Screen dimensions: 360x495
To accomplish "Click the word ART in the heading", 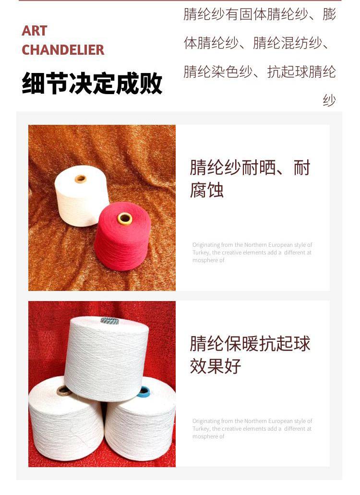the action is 35,31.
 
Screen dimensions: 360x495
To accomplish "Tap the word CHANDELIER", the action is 63,50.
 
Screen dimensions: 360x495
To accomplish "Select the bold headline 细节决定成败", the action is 92,84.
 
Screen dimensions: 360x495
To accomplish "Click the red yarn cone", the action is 122,236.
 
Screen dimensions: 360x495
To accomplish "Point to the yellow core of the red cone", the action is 125,218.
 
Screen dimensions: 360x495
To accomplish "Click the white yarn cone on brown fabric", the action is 82,196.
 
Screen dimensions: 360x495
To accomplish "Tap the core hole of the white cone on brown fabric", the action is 81,179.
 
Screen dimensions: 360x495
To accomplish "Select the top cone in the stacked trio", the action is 107,359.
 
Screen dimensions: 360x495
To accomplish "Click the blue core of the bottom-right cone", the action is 144,392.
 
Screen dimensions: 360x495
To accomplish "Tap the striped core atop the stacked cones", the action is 110,321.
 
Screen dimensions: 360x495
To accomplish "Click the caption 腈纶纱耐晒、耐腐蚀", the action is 250,179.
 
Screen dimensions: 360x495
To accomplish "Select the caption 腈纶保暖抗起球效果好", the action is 250,355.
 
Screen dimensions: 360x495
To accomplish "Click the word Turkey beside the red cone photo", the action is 201,253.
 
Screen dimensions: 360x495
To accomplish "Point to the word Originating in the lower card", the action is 206,421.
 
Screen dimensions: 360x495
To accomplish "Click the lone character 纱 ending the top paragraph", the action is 329,100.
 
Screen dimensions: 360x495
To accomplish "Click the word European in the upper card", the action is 280,245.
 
